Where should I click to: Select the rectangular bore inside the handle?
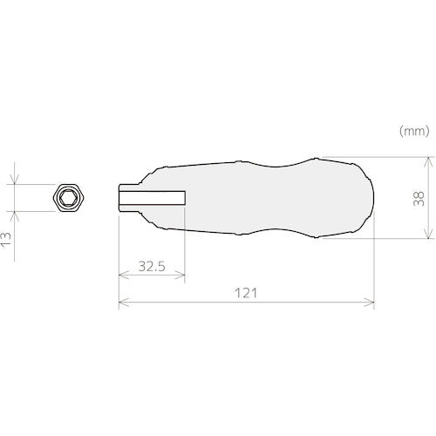coord(153,198)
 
